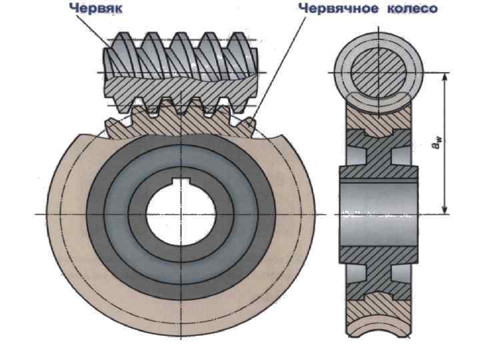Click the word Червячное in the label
pyautogui.click(x=332, y=9)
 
